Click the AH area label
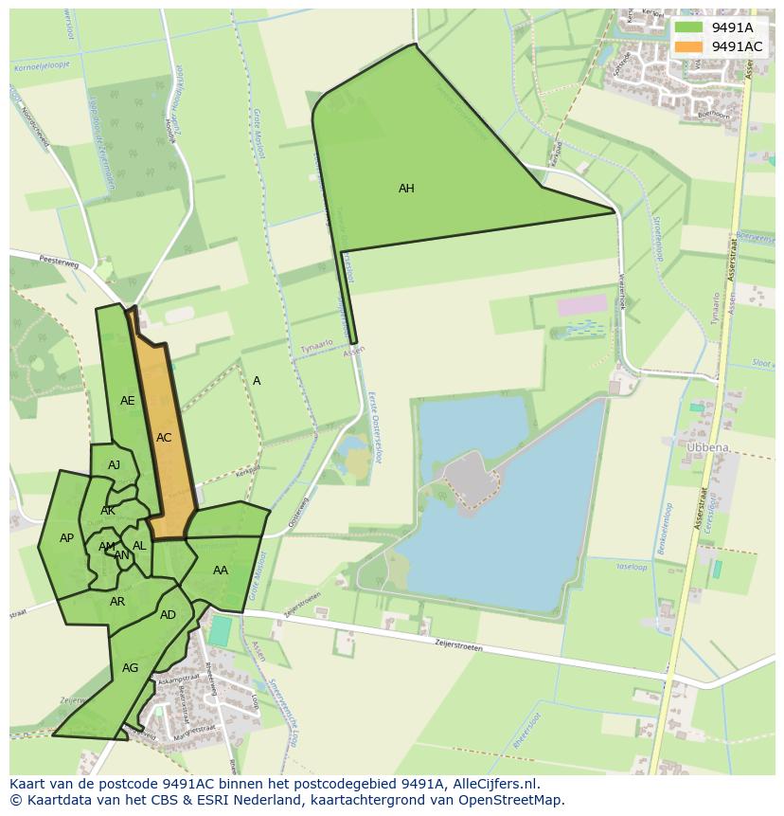click(406, 189)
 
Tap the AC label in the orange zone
click(164, 438)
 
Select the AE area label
click(128, 401)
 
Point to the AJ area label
click(115, 465)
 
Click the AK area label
click(108, 511)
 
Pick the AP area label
click(66, 538)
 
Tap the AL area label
click(139, 546)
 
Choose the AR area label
click(117, 602)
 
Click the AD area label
click(168, 615)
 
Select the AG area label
click(131, 668)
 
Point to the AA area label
click(221, 571)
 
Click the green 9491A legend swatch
click(688, 27)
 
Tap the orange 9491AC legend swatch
click(688, 46)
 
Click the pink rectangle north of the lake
click(581, 305)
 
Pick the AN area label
click(122, 555)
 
